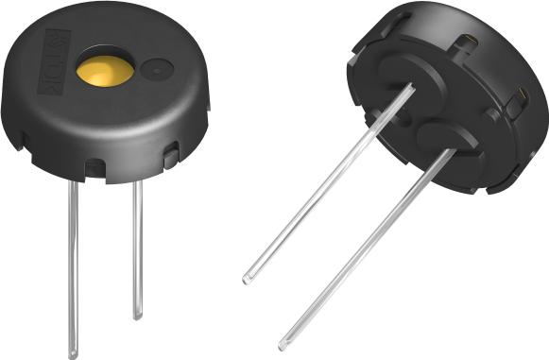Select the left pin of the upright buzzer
point(72,265)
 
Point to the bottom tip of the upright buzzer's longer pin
point(73,354)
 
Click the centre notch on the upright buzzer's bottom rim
point(95,167)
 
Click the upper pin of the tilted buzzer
point(331,180)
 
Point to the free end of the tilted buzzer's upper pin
point(248,279)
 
